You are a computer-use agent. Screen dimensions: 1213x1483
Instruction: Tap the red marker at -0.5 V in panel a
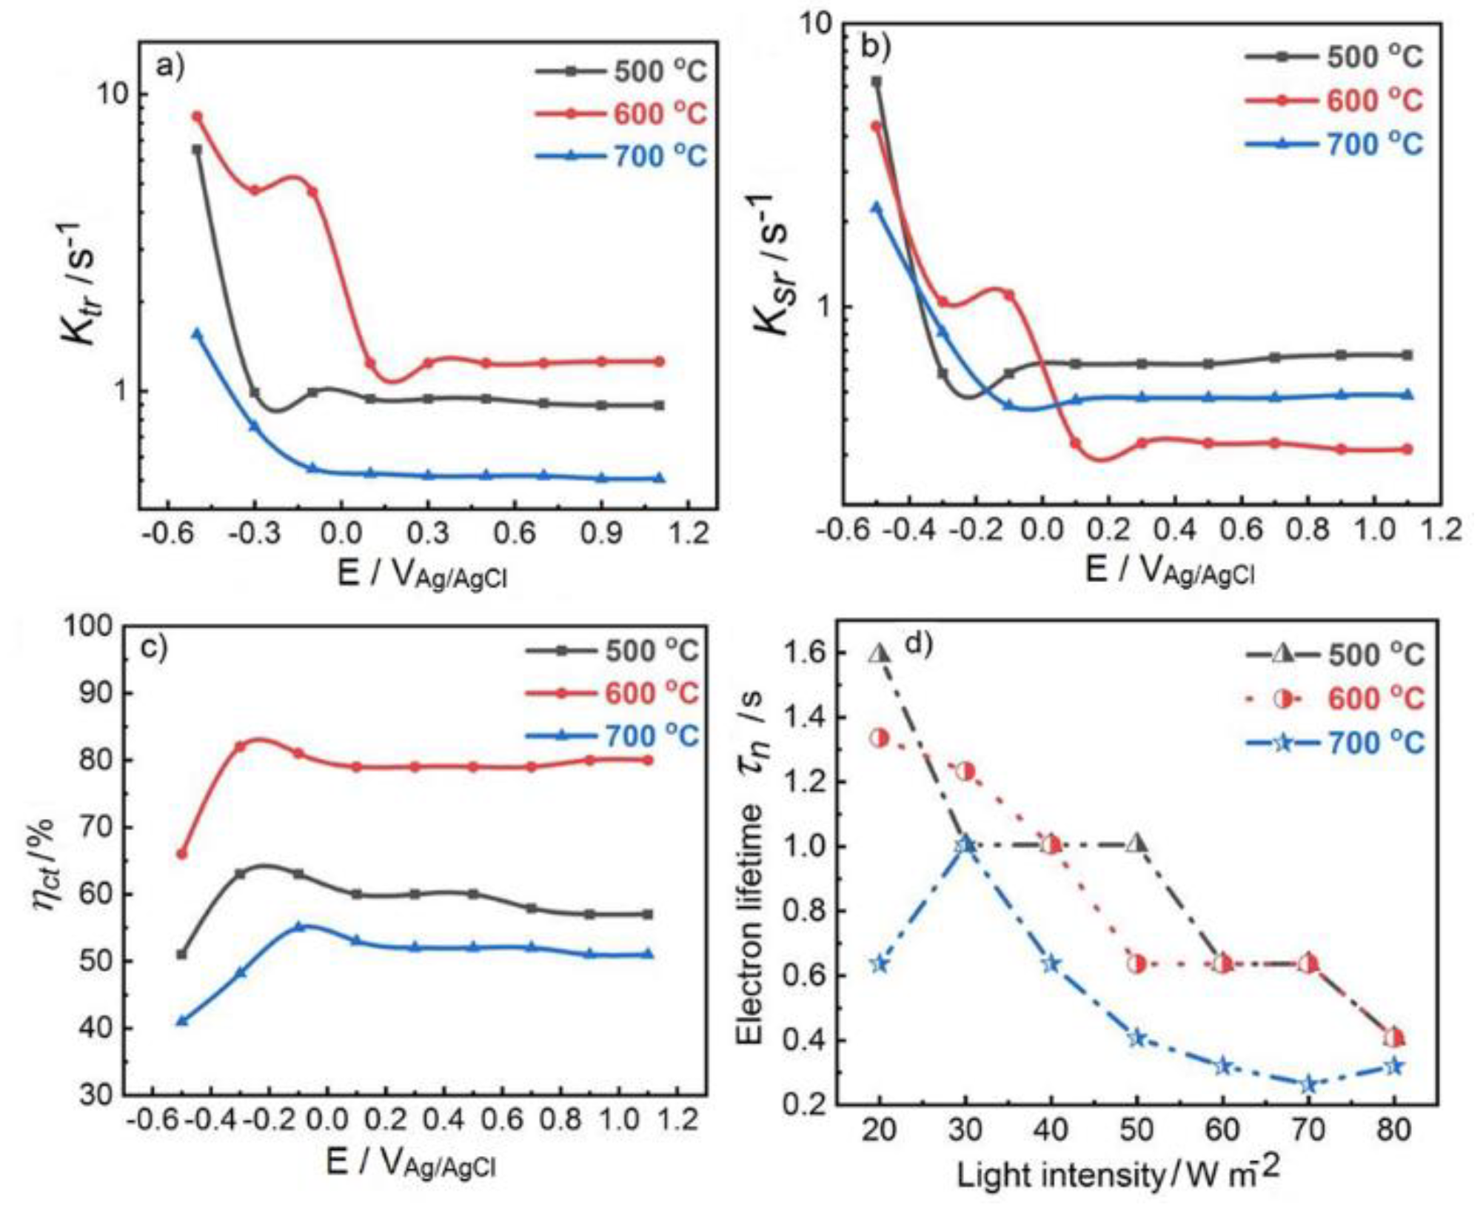(197, 116)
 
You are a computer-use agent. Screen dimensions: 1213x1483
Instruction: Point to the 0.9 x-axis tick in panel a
(601, 534)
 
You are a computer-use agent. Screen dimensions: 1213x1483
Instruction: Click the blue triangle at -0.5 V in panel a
(197, 334)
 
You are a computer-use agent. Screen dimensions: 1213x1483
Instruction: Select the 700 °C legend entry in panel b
(1333, 144)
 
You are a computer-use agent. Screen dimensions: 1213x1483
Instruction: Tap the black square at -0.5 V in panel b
(877, 81)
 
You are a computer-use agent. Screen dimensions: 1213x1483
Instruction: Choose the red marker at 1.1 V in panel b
(1407, 449)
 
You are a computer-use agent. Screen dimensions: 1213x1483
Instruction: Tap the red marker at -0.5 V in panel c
(181, 854)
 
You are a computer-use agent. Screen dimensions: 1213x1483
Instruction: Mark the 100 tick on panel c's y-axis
(89, 626)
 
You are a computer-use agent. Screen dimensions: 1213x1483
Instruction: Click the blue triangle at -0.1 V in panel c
(299, 926)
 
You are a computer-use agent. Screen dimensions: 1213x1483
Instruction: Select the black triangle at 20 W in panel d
(879, 654)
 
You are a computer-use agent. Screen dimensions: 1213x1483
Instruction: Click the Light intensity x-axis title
(1118, 1174)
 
